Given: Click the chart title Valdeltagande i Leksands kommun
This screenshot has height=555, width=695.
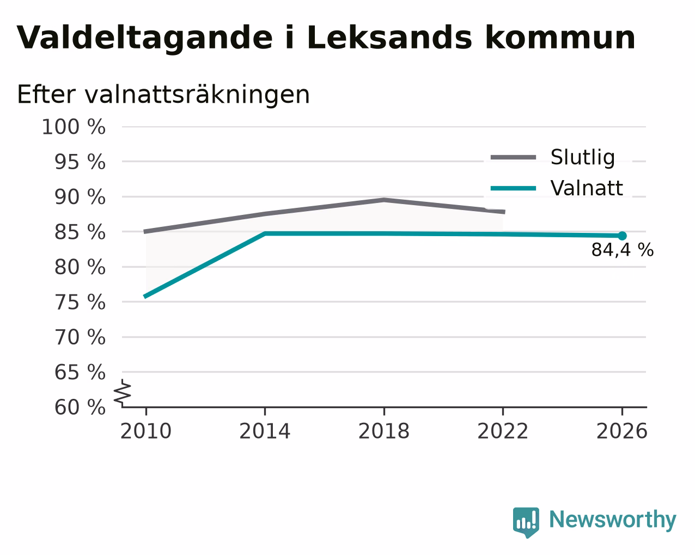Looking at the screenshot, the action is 326,38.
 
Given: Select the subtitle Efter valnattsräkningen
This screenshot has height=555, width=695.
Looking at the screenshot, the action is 163,95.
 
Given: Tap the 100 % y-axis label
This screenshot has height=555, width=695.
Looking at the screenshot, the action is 74,127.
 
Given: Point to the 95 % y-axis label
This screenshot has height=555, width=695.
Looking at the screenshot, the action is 80,162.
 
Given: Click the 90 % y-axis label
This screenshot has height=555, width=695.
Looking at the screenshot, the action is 80,197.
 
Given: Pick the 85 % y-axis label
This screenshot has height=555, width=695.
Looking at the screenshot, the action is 80,232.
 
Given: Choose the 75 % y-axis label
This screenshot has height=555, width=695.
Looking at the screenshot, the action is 80,303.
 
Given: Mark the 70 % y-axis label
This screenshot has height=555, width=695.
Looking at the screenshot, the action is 80,337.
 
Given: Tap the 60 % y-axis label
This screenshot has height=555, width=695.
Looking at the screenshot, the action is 80,407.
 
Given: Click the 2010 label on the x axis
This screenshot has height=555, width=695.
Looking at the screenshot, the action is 145,431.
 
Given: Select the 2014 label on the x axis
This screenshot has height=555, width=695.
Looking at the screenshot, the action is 265,431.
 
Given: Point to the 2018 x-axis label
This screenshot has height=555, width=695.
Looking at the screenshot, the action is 383,431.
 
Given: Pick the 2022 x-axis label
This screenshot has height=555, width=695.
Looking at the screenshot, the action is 503,431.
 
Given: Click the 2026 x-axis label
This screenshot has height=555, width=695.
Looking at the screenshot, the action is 621,431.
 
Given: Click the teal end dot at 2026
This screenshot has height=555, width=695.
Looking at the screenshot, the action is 622,236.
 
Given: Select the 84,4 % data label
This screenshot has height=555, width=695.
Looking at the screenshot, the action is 623,250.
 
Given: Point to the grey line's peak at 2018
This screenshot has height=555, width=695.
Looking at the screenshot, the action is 384,200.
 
